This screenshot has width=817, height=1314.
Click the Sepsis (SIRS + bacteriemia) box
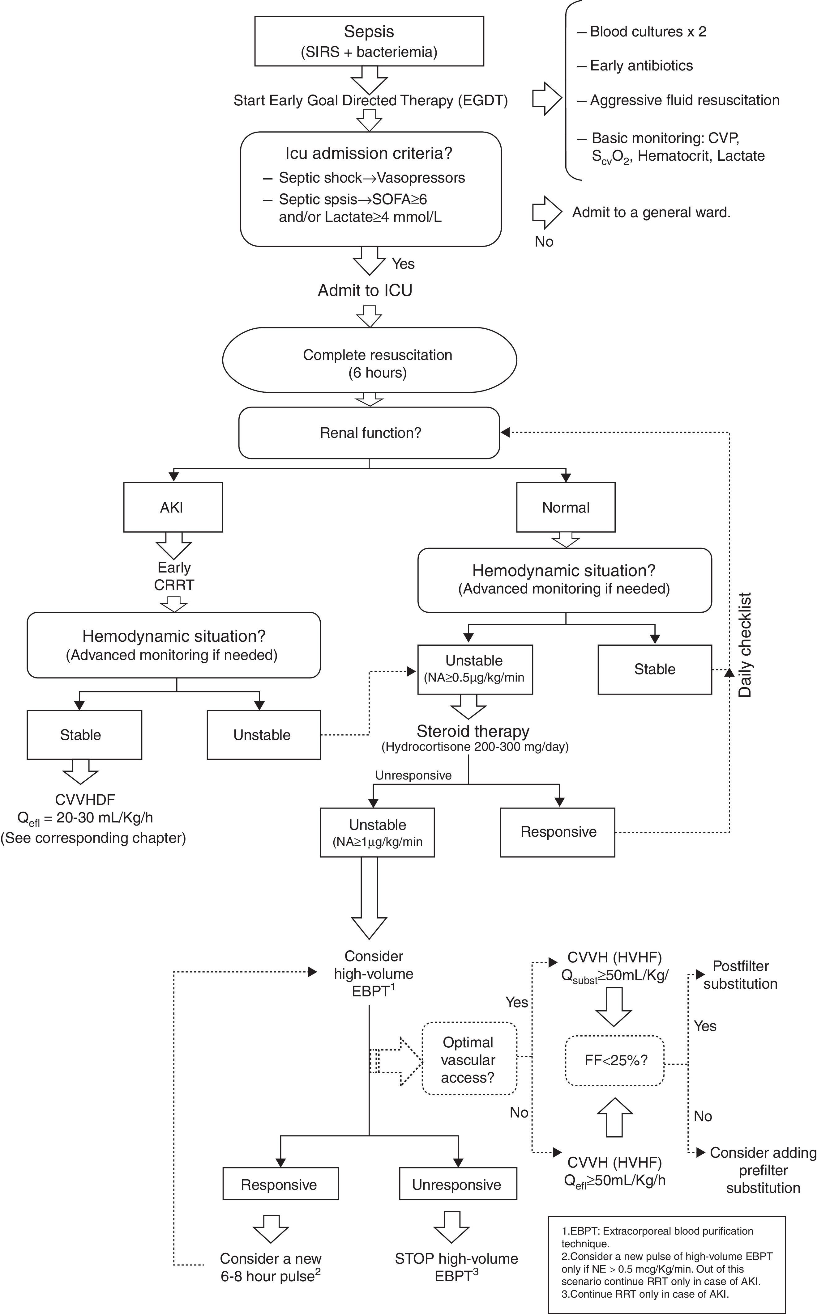[x=369, y=41]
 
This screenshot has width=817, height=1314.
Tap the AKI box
[x=173, y=507]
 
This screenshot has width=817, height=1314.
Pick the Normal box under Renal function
[x=566, y=507]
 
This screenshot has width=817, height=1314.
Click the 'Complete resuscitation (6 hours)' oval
[x=370, y=360]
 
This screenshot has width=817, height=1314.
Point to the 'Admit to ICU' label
[x=365, y=290]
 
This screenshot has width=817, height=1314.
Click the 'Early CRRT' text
[x=174, y=576]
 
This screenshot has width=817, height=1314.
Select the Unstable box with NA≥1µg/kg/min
[x=377, y=832]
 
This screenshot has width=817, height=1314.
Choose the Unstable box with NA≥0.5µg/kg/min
[x=474, y=669]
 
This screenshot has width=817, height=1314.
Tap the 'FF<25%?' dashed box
[x=615, y=1060]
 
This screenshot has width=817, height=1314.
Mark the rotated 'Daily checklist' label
[x=745, y=645]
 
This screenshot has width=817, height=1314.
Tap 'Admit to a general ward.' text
[x=651, y=213]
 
